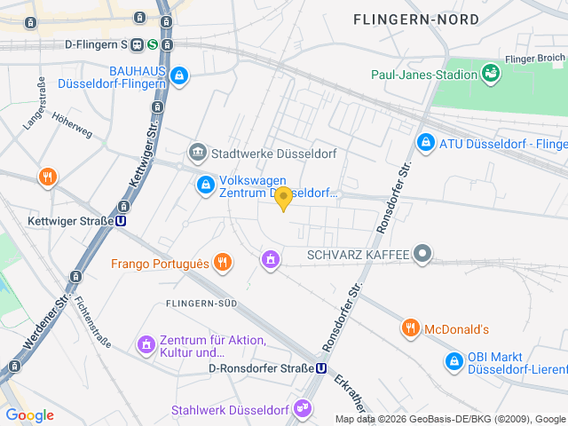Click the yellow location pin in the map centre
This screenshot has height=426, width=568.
coord(283,198)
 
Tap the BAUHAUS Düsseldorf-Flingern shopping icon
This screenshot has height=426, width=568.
coord(181,77)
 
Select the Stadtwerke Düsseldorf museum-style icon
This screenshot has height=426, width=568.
coord(197,153)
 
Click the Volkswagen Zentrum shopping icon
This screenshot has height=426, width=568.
coord(205,185)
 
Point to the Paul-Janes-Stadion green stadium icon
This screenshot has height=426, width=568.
coord(489,72)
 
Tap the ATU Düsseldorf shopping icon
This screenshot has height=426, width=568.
coord(426,142)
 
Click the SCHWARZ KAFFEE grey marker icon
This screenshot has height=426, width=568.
coord(423,256)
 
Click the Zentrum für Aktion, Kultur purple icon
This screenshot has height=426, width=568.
coord(146,343)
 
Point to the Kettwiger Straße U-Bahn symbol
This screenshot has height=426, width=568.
coord(120,221)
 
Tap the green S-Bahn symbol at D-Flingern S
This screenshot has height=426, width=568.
coord(153,43)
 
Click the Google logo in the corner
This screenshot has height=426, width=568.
coord(29,415)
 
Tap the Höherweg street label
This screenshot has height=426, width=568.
coord(72,129)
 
